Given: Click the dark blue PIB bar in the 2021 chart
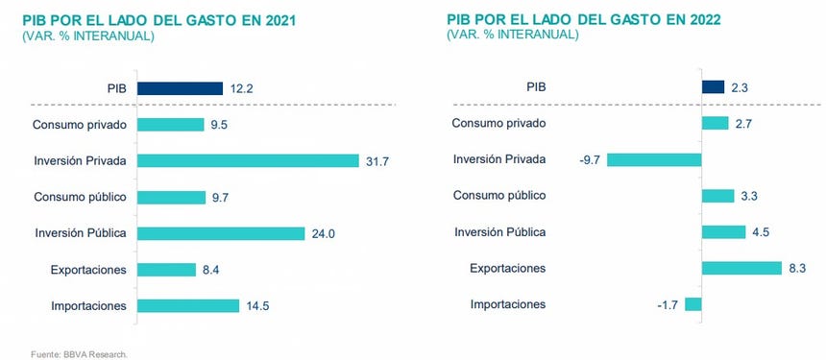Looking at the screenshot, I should point(180,88).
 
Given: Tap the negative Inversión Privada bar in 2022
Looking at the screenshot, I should point(654,159).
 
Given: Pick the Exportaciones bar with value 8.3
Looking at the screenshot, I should point(741,268).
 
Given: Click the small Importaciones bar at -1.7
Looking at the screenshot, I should point(693,304).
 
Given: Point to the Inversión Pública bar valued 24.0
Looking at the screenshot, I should point(220,233).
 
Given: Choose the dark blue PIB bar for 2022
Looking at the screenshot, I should point(713,87).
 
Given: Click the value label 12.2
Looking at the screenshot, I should point(241,88).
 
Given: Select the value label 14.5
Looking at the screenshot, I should point(257,306).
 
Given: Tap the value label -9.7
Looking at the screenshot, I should point(590,159).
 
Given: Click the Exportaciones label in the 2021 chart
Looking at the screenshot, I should point(88,270).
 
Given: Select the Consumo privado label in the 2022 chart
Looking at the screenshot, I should point(498,123).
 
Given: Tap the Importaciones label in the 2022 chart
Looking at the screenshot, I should point(508,304).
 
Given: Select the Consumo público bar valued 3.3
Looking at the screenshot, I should point(718,196).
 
